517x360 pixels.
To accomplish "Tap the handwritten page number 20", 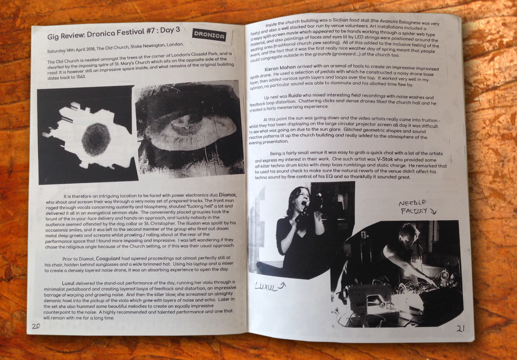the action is click(x=36, y=326).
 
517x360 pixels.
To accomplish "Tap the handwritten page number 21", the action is click(x=461, y=328).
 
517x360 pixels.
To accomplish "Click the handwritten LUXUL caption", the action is click(x=266, y=287).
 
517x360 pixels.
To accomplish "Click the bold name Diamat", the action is click(x=228, y=195).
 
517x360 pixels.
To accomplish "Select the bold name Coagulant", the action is click(x=108, y=258).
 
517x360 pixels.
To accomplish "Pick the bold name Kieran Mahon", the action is click(x=280, y=68).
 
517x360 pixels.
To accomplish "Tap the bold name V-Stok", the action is click(x=385, y=159).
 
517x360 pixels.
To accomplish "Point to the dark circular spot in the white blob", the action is click(x=96, y=139).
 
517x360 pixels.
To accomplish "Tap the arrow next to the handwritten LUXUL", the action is click(x=282, y=286).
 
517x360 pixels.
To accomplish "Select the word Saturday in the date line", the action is click(x=56, y=51).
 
